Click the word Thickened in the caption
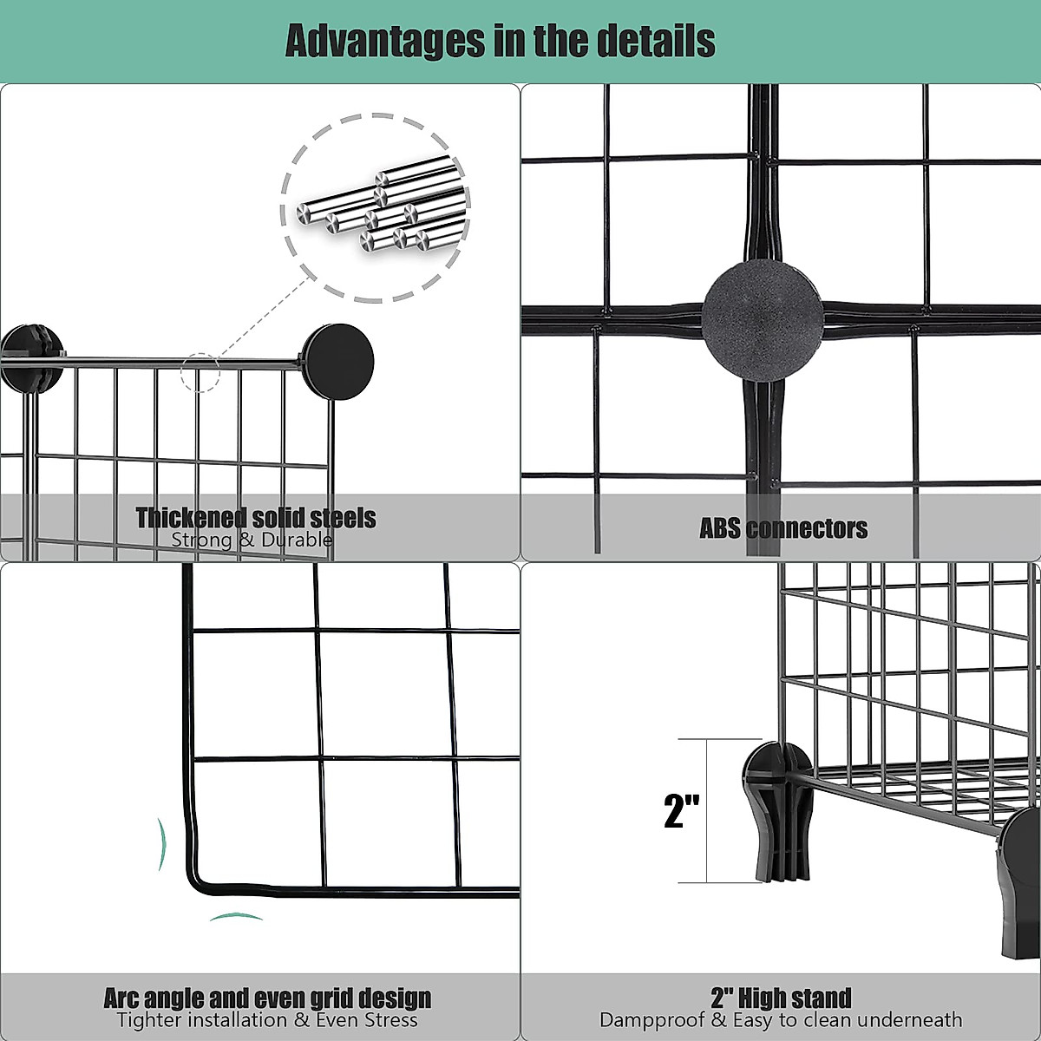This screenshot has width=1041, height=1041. tap(190, 518)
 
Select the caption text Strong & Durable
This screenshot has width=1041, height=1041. tap(252, 540)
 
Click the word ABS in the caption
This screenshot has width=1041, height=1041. tap(720, 528)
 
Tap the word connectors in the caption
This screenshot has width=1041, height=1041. tap(808, 528)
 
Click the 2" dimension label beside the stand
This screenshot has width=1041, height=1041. tap(681, 810)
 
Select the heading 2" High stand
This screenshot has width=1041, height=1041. tap(781, 998)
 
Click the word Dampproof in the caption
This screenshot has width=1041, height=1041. tap(652, 1020)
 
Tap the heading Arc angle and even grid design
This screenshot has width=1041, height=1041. tap(267, 998)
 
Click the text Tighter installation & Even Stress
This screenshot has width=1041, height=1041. tap(267, 1020)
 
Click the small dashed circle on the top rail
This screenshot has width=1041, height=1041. tap(200, 372)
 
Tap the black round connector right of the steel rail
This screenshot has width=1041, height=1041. tap(338, 362)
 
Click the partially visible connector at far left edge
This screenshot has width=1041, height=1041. tap(26, 357)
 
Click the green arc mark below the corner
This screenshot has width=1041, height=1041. tap(236, 917)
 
